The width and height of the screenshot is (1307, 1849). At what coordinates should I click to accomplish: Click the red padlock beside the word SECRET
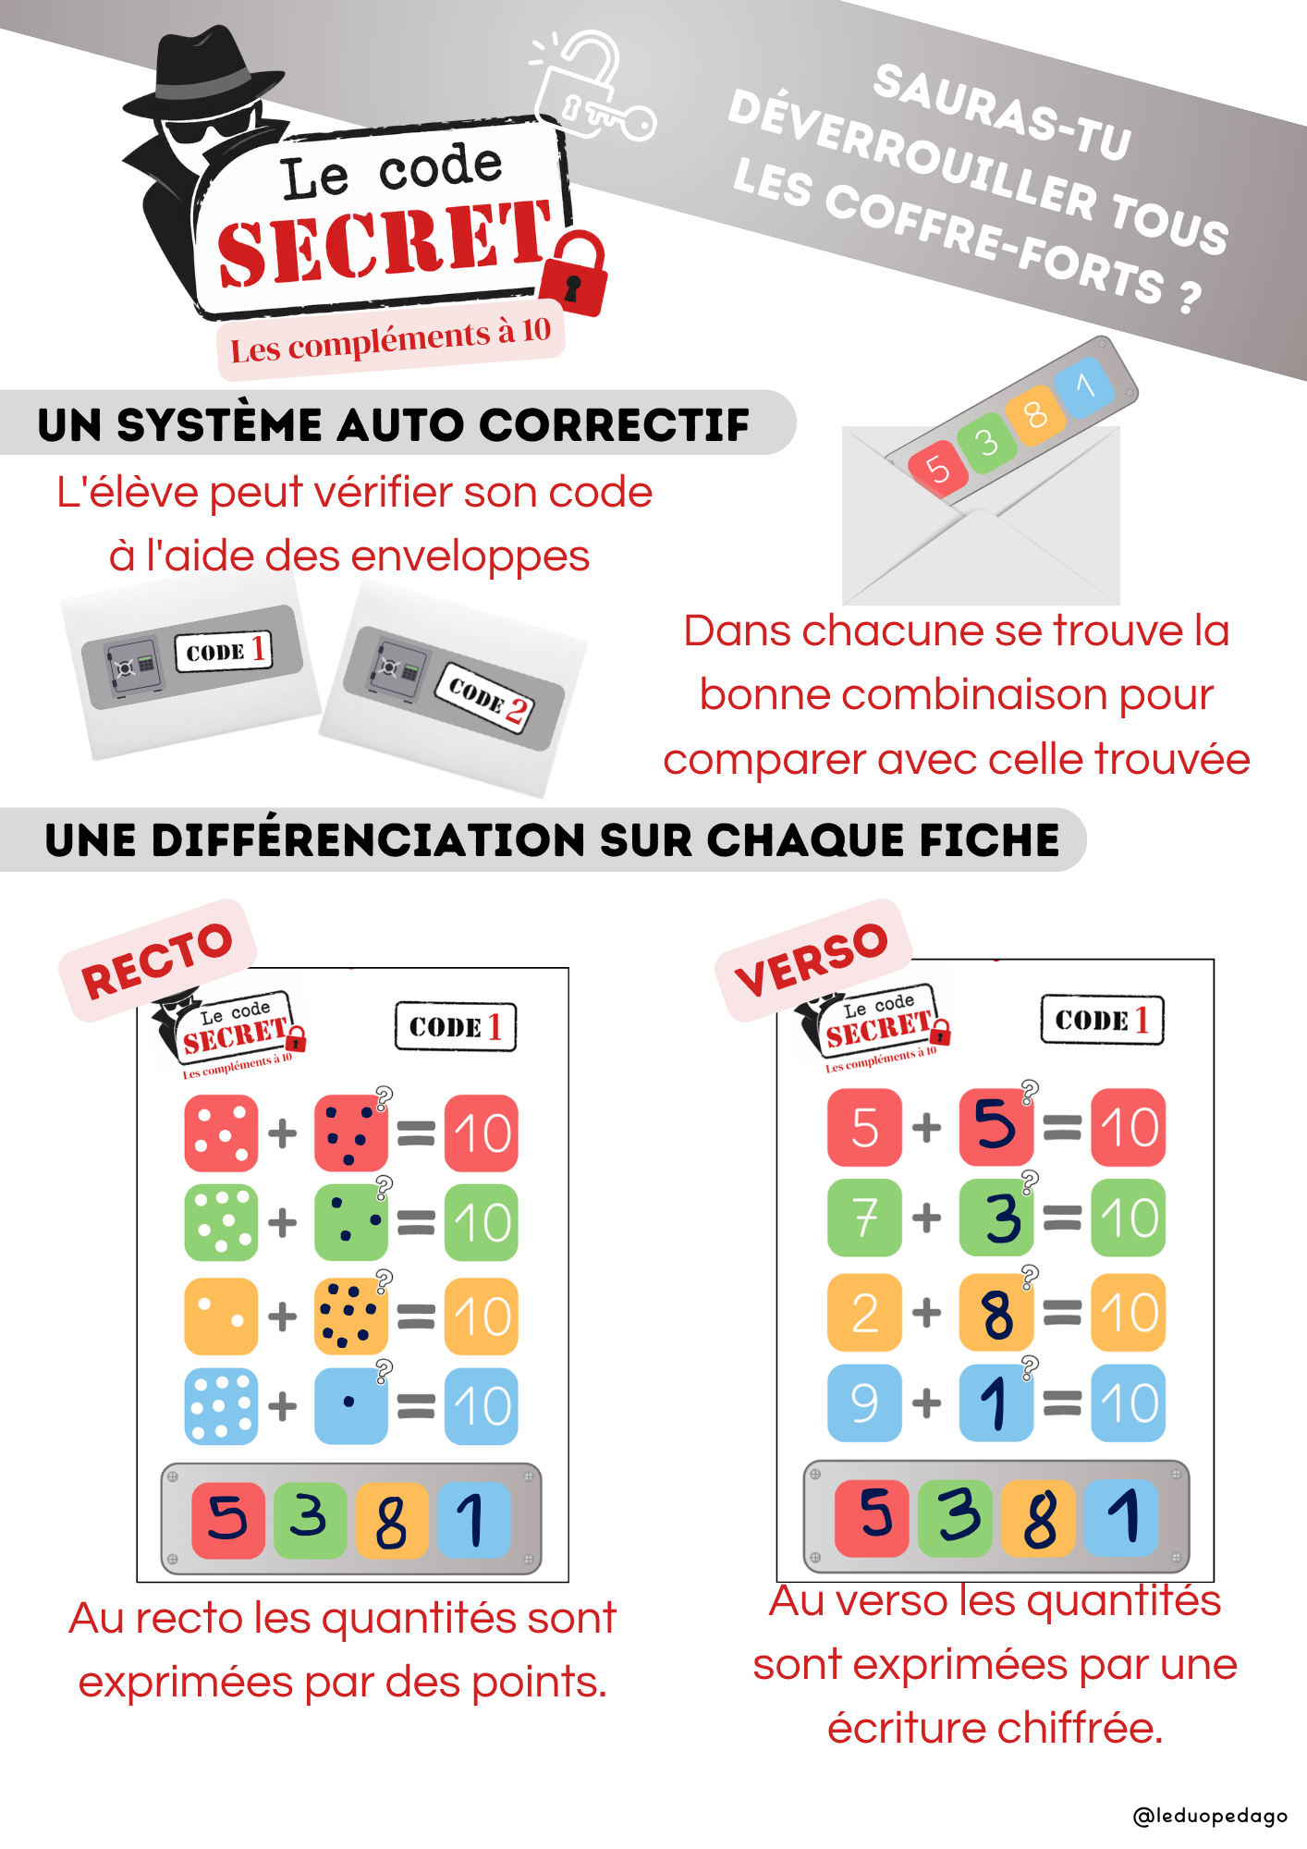click(574, 275)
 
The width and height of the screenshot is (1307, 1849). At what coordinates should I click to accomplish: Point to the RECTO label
click(157, 961)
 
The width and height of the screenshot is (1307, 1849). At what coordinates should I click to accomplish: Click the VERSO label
click(812, 960)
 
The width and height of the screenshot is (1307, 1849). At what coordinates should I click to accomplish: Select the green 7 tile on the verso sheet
click(864, 1218)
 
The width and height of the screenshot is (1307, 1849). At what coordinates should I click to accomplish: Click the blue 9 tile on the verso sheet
click(864, 1402)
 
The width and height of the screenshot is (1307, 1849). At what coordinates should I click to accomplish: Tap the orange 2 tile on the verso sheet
click(864, 1312)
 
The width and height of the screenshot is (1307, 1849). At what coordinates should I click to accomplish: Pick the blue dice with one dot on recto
click(351, 1405)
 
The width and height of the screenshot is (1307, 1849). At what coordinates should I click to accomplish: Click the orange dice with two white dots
click(221, 1316)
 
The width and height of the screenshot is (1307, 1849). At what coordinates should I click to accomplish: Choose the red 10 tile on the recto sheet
click(482, 1133)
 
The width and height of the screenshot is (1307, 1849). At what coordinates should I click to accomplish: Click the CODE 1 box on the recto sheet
click(456, 1026)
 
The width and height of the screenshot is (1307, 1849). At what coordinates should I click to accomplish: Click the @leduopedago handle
click(1210, 1816)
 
